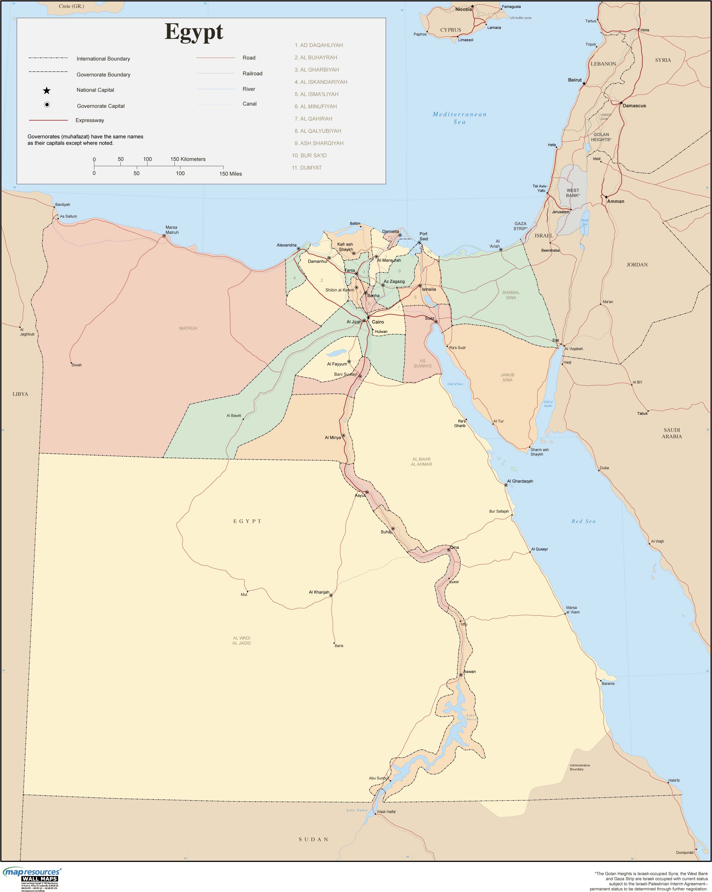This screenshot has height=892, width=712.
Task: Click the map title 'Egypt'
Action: click(194, 32)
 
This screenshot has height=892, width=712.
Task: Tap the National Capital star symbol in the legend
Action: click(47, 91)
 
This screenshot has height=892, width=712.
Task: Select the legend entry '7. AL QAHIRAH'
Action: click(313, 119)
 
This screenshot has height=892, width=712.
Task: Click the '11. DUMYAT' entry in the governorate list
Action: click(307, 168)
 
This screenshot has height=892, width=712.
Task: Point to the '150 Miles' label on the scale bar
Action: click(231, 174)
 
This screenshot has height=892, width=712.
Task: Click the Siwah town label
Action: click(76, 365)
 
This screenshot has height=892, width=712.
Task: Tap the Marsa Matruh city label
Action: click(172, 230)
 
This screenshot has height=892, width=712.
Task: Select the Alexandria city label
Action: click(286, 245)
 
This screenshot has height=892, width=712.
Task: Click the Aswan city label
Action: click(469, 671)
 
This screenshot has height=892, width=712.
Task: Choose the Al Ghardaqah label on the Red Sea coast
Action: click(520, 481)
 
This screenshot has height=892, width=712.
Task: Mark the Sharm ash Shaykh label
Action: click(539, 452)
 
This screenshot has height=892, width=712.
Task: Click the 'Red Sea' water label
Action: click(583, 521)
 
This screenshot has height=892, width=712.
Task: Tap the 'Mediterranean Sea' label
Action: click(460, 118)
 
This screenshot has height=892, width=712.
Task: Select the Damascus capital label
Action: click(634, 106)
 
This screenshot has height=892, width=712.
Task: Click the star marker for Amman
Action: click(606, 197)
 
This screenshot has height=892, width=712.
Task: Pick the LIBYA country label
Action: click(20, 394)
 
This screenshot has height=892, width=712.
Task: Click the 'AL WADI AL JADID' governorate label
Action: click(241, 641)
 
